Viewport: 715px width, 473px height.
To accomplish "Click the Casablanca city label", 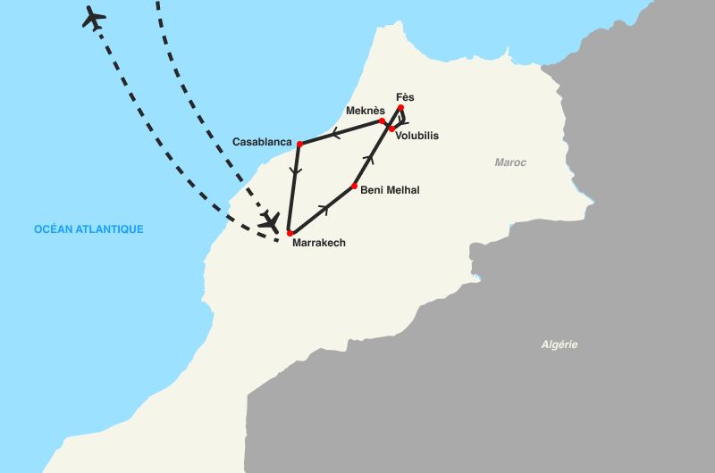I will pos(262,142).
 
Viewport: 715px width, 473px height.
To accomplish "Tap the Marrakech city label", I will pos(319,243).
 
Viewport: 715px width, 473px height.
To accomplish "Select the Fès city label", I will pos(405,97).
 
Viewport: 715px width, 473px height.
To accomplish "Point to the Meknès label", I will pos(365,111).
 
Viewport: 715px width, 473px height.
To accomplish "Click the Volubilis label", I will pos(416,137).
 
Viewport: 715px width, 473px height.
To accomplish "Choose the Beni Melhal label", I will pos(390,190).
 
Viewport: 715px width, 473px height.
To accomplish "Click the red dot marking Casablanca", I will pos(300,144).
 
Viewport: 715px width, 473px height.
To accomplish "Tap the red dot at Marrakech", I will pos(290,233).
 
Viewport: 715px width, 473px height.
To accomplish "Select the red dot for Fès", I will pos(401,108).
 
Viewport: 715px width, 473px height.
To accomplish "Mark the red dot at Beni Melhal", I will pos(355,187).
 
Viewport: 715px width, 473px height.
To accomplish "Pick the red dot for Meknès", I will pos(383,121).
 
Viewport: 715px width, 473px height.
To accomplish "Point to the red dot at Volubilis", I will pos(392,129).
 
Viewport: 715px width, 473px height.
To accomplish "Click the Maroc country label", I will pos(511,163).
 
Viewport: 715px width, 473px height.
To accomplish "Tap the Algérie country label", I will pos(559,344).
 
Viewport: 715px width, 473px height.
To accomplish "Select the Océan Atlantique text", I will pos(88,229).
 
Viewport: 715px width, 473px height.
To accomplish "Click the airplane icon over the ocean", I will pos(93,17).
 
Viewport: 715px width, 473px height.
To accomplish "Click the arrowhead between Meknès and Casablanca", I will pos(334,134).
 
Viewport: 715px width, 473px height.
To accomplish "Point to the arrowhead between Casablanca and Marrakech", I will pos(295,171).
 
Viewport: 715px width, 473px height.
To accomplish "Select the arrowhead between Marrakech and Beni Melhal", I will pos(324,209).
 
